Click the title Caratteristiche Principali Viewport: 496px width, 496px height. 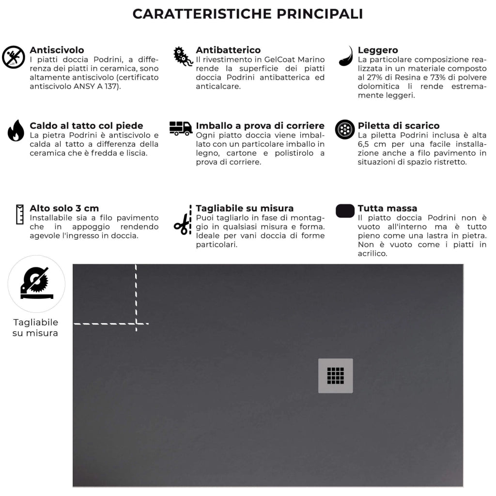tap(248, 14)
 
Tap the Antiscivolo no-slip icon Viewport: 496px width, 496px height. tap(14, 58)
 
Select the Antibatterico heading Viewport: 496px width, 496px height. tap(228, 50)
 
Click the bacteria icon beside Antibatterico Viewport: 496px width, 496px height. tap(183, 57)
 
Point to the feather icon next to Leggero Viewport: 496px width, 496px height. tap(346, 56)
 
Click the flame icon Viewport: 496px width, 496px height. tap(15, 131)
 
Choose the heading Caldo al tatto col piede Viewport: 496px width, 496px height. tap(86, 126)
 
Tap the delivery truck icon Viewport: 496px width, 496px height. tap(181, 128)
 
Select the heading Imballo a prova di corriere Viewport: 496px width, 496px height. tap(260, 126)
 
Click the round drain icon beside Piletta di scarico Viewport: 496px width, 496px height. tap(345, 129)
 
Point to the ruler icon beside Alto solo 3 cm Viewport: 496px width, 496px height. tap(20, 214)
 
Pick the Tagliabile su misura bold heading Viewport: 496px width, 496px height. tap(245, 209)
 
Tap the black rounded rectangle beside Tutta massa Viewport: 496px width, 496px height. tap(345, 211)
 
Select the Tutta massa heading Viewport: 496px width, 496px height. tap(387, 209)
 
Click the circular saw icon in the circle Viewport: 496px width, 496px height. tap(36, 284)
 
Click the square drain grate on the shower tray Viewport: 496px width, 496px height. tap(335, 375)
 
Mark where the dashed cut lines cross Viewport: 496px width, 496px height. tap(136, 323)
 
